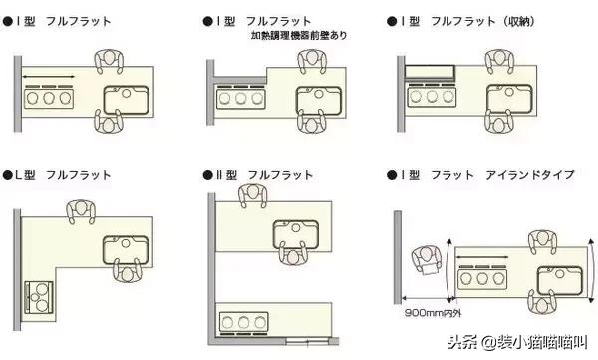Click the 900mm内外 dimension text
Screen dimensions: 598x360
click(x=433, y=313)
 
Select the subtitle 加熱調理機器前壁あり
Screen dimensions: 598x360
click(x=299, y=36)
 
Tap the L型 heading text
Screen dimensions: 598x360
click(x=25, y=175)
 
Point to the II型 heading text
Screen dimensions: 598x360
click(x=226, y=175)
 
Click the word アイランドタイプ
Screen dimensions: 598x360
click(x=530, y=175)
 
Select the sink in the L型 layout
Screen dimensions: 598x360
click(x=126, y=250)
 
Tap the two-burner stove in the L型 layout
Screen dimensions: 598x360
click(x=39, y=297)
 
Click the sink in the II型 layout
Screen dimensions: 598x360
click(x=296, y=234)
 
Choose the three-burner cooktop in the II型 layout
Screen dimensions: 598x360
click(x=244, y=322)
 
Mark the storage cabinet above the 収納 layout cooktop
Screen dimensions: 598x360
click(x=430, y=72)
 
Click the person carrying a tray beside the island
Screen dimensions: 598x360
click(x=428, y=260)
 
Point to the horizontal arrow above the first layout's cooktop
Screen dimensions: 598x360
click(x=49, y=77)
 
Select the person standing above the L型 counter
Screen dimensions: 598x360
click(x=81, y=211)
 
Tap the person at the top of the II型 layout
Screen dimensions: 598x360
click(x=253, y=195)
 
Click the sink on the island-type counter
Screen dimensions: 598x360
click(x=560, y=281)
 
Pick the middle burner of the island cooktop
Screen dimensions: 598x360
click(x=482, y=279)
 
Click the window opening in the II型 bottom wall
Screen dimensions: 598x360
click(x=308, y=341)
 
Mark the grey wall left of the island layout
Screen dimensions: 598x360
click(x=398, y=257)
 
